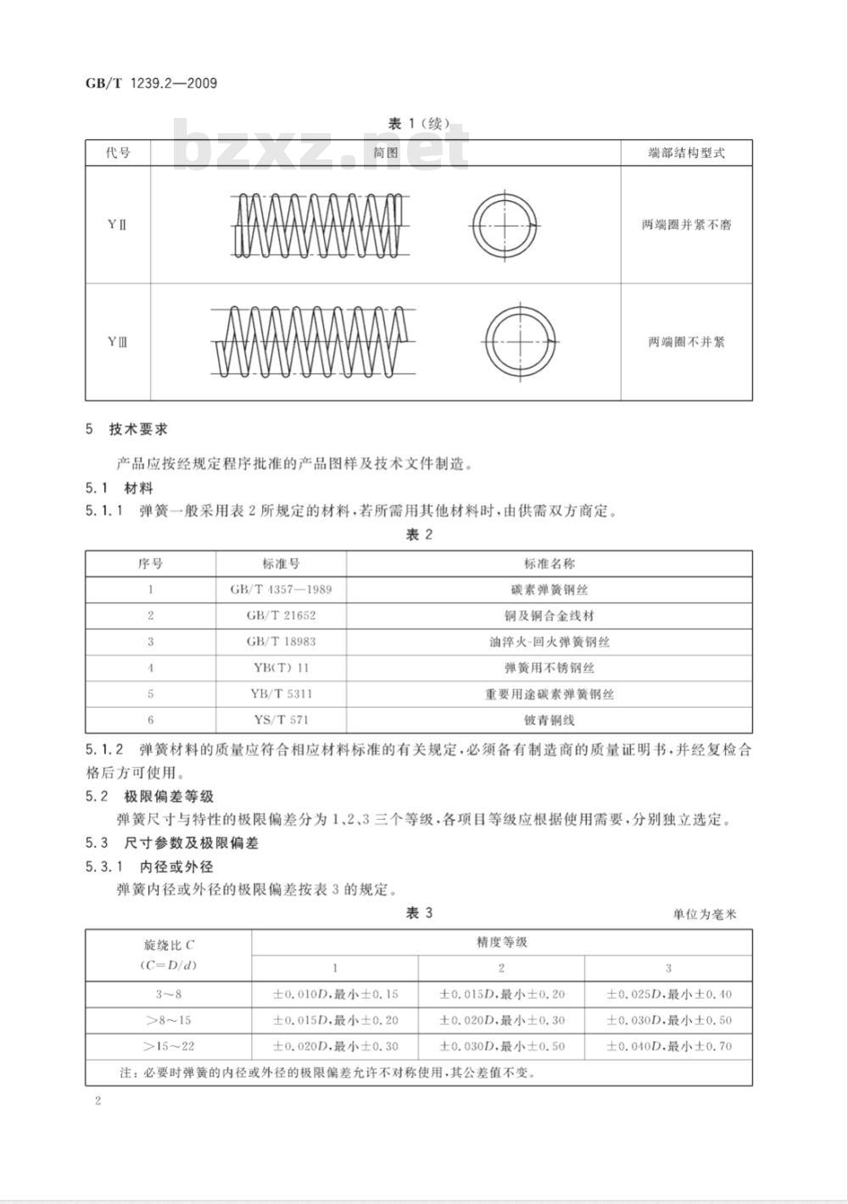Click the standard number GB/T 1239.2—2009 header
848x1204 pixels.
(x=151, y=83)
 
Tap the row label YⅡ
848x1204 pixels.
(x=117, y=225)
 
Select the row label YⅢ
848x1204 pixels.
(x=117, y=342)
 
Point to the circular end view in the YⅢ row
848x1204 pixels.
(x=521, y=341)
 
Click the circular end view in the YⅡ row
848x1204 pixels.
(x=505, y=226)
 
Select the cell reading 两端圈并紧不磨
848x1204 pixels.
(x=686, y=225)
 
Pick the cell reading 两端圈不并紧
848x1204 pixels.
(x=686, y=342)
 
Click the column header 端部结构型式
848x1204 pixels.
(x=686, y=153)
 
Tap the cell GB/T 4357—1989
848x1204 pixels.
(x=281, y=589)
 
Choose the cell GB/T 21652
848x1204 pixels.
(x=281, y=616)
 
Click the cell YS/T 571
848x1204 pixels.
(x=281, y=720)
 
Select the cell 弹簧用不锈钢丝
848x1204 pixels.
(x=549, y=667)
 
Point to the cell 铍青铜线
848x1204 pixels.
(x=549, y=720)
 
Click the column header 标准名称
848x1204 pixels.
(x=549, y=564)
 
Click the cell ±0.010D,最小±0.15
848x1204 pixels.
(x=335, y=994)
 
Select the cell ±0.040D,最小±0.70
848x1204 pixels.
(x=668, y=1046)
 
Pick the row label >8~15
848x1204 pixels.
(x=168, y=1020)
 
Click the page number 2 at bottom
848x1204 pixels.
(x=98, y=1101)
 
